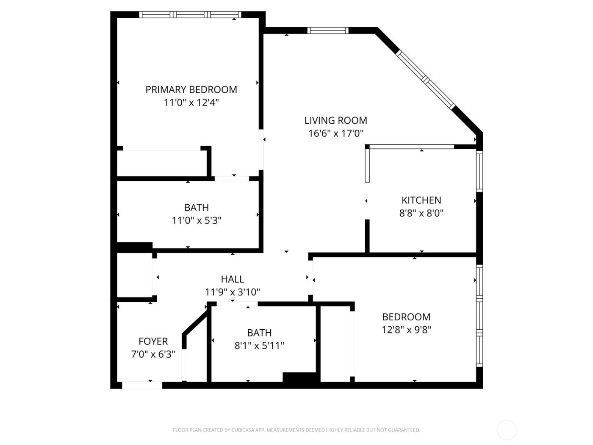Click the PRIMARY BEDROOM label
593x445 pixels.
tap(191, 89)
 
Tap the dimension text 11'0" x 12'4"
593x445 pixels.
tap(191, 103)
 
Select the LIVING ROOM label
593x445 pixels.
tap(335, 120)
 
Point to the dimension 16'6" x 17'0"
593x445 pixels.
tap(335, 133)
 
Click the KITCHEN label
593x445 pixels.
tap(421, 200)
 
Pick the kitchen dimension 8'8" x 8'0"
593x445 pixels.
tap(421, 213)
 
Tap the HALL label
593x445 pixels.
tap(232, 279)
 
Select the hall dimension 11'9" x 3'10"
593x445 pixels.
tap(232, 292)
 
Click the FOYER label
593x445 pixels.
tap(153, 341)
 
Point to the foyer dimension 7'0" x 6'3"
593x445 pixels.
tap(153, 354)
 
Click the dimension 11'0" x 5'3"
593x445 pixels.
tap(196, 220)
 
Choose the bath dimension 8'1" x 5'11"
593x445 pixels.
tap(259, 346)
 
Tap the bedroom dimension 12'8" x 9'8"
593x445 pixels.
tap(406, 330)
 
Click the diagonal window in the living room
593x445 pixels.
tap(426, 79)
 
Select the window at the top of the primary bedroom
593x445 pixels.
tap(190, 15)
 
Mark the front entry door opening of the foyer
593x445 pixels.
tap(142, 385)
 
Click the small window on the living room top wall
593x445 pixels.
tap(327, 30)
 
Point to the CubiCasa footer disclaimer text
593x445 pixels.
tap(296, 430)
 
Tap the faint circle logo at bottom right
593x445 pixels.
tap(507, 430)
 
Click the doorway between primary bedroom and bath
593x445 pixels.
tap(232, 178)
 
